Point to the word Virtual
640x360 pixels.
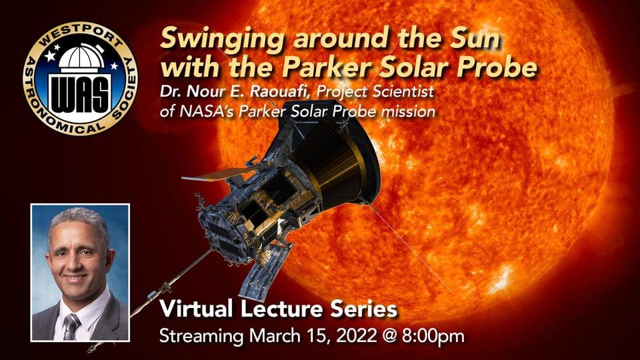(197, 309)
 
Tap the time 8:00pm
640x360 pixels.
(433, 336)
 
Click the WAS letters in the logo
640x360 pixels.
(81, 96)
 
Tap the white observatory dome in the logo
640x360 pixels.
(81, 57)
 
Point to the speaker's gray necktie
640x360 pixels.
(71, 327)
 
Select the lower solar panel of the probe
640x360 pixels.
(263, 269)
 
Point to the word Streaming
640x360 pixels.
(201, 337)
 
